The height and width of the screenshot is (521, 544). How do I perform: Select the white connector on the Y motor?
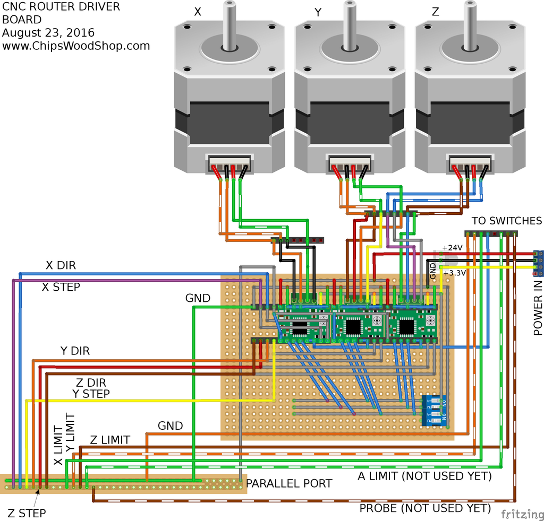350,162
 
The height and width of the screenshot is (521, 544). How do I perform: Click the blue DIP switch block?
435,411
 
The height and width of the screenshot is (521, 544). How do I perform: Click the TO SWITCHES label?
507,221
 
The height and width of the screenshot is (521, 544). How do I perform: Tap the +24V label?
452,248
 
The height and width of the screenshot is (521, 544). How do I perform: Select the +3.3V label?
455,273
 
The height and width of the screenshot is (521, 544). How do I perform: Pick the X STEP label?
61,287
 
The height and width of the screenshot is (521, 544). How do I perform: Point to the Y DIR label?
74,351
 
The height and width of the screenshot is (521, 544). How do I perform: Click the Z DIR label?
90,383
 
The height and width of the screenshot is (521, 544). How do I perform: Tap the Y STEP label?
91,394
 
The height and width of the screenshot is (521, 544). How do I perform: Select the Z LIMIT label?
110,440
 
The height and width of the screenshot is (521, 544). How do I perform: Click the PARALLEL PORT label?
289,483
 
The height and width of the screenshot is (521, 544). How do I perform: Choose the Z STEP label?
27,513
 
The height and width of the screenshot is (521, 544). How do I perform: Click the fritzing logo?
520,514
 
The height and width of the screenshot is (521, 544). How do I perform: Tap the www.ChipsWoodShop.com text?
76,46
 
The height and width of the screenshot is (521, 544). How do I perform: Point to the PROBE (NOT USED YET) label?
425,508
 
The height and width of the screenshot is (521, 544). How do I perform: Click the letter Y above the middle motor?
318,13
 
